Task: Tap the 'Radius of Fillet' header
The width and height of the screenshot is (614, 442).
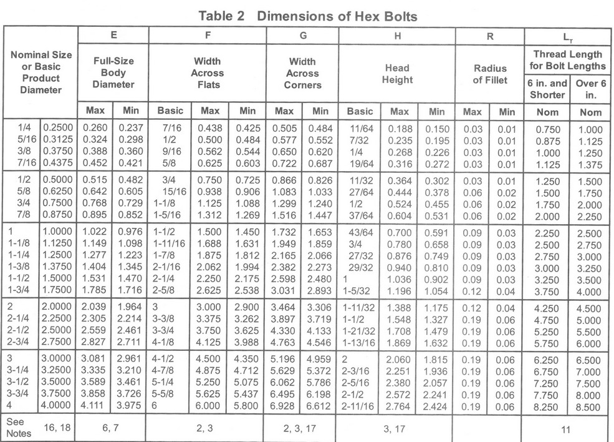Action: pos(491,74)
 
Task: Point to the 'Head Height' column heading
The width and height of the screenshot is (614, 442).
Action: pos(398,74)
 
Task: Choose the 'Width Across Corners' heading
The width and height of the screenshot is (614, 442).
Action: pos(302,73)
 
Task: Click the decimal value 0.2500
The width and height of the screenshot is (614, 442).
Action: pos(59,129)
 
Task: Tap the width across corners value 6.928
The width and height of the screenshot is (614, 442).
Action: pos(284,406)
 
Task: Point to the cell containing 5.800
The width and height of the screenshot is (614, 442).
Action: pos(247,406)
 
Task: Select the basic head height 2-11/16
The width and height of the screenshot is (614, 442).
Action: pos(358,406)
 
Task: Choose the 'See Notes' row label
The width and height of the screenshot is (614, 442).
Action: pos(17,428)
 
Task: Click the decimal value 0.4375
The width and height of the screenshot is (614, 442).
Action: pos(59,165)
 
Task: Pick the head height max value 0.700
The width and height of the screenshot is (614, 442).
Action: pos(400,230)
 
